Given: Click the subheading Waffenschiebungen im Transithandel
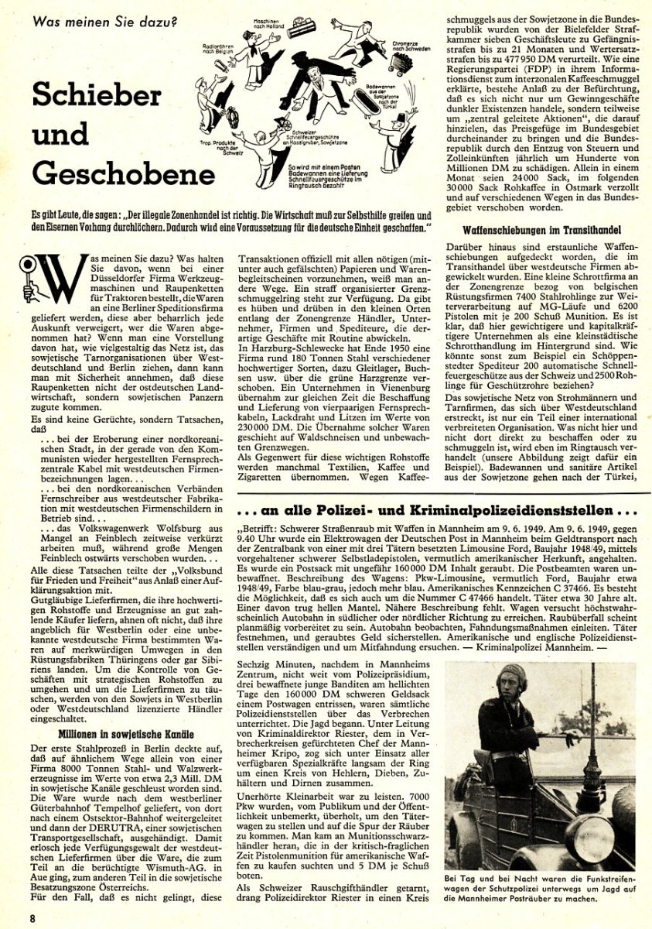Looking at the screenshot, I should (x=550, y=231).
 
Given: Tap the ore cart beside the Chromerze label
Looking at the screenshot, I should (x=401, y=64).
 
